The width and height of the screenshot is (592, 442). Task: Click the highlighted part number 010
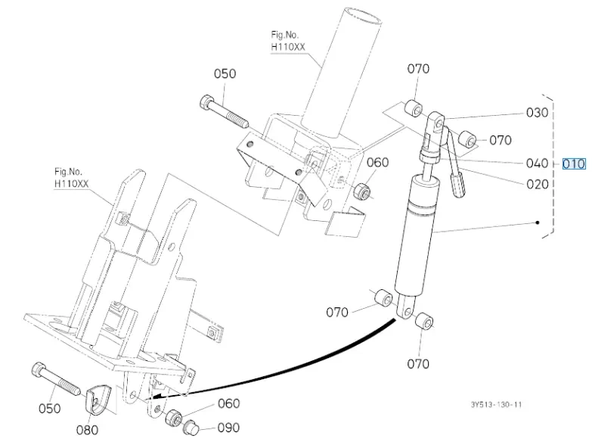(574, 163)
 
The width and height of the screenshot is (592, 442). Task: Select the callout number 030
(538, 113)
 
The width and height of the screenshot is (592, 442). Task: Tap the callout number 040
(538, 163)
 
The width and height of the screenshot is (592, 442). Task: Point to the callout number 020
(538, 184)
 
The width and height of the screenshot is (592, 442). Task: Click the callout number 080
(87, 430)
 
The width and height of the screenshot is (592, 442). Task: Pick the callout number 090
(229, 428)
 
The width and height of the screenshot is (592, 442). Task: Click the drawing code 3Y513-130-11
(497, 405)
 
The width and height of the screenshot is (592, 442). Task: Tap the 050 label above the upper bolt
(225, 73)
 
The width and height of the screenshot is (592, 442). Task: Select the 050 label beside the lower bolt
(49, 409)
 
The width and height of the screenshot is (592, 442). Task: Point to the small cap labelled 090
(191, 428)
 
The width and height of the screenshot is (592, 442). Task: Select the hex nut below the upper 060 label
(361, 191)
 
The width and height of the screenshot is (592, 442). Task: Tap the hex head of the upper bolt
(206, 101)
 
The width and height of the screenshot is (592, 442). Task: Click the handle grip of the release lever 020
(458, 185)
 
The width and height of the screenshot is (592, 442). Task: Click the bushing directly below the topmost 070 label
(414, 109)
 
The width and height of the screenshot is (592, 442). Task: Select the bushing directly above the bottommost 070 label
(424, 322)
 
